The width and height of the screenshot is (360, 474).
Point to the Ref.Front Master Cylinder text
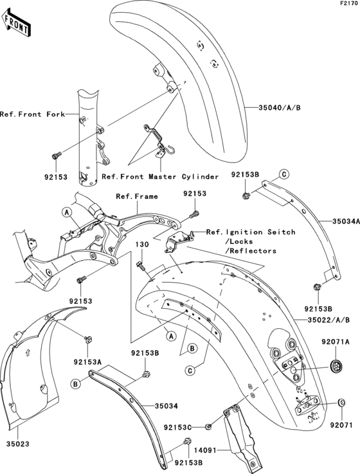[160, 176]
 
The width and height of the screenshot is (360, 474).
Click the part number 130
[141, 245]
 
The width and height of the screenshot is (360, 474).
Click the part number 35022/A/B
[330, 318]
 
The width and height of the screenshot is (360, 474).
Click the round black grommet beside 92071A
[334, 366]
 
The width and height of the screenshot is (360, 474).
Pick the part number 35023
[18, 443]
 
